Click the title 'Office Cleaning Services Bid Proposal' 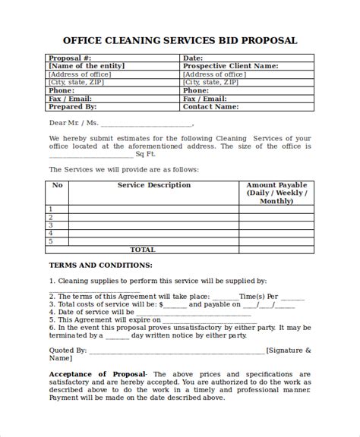pyautogui.click(x=180, y=40)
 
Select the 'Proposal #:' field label pyautogui.click(x=70, y=58)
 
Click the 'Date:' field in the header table pyautogui.click(x=193, y=58)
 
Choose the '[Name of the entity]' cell pyautogui.click(x=86, y=66)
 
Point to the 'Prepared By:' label pyautogui.click(x=73, y=107)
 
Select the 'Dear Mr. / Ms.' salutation pyautogui.click(x=74, y=124)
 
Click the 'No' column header pyautogui.click(x=57, y=185)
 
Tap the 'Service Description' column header pyautogui.click(x=153, y=185)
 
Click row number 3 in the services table pyautogui.click(x=51, y=225)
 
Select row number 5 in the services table pyautogui.click(x=51, y=241)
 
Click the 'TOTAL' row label pyautogui.click(x=143, y=250)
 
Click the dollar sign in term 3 pyautogui.click(x=160, y=304)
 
